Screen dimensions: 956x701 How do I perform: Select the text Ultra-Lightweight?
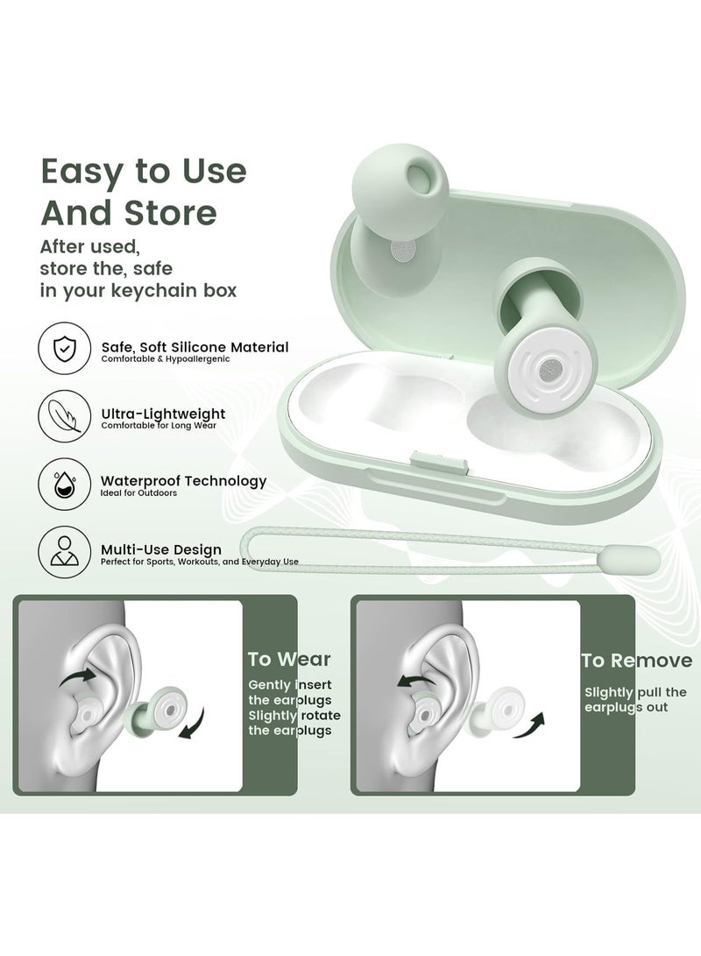pos(163,413)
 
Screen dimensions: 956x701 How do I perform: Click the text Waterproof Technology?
pos(183,480)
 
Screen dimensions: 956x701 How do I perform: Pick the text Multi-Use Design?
pos(160,549)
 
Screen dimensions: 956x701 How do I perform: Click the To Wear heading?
pos(288,659)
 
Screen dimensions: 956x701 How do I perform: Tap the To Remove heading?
pos(637,661)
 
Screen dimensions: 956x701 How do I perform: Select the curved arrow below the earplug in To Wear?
pos(192,724)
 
